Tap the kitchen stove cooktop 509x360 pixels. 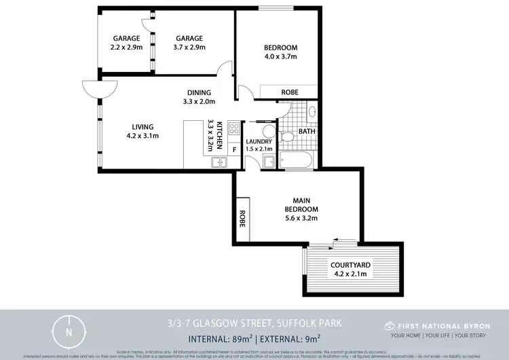pyautogui.click(x=233, y=127)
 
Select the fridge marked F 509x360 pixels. pyautogui.click(x=234, y=147)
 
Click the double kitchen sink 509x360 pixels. pyautogui.click(x=220, y=162)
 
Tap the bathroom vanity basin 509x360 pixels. pyautogui.click(x=312, y=112)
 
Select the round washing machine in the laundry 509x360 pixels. pyautogui.click(x=267, y=131)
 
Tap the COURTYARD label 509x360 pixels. pyautogui.click(x=349, y=265)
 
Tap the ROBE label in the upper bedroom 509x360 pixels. pyautogui.click(x=289, y=92)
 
